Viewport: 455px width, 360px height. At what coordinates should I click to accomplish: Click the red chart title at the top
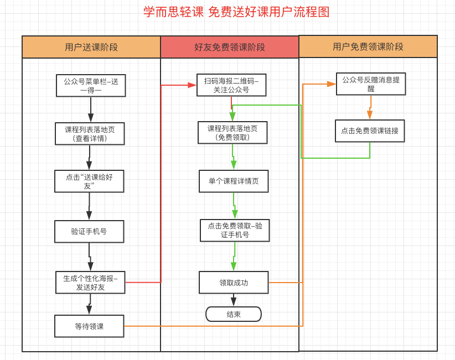[236, 12]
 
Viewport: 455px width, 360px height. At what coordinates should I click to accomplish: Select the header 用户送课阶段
[91, 47]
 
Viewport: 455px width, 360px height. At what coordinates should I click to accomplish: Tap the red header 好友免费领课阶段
[230, 47]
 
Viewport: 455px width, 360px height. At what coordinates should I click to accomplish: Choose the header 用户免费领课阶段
[368, 46]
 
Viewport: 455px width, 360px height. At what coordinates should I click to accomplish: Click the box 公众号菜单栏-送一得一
[91, 86]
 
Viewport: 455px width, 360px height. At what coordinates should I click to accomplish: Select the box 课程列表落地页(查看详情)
[90, 134]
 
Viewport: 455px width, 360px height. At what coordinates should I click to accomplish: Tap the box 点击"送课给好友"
[89, 181]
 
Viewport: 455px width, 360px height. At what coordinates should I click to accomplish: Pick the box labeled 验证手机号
[89, 232]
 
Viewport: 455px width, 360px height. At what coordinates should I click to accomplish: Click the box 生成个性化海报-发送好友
[90, 283]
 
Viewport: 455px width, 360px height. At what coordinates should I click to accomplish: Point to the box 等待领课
[89, 326]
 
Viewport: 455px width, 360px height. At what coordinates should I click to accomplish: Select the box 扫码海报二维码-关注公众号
[231, 85]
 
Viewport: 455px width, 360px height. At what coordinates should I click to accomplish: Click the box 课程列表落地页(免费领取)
[232, 133]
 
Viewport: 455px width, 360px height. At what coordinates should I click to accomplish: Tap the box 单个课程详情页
[234, 181]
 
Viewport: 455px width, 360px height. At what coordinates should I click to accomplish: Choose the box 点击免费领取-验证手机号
[235, 231]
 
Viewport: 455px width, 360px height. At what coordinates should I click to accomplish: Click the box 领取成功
[234, 283]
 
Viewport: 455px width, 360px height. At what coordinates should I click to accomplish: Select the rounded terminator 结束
[234, 314]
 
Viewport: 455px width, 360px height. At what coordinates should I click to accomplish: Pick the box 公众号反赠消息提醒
[371, 84]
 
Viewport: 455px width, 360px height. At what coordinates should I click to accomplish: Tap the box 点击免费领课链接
[370, 131]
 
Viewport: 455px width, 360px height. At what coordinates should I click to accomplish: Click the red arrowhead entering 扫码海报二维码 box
[192, 85]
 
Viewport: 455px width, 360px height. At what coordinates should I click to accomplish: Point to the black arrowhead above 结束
[234, 301]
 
